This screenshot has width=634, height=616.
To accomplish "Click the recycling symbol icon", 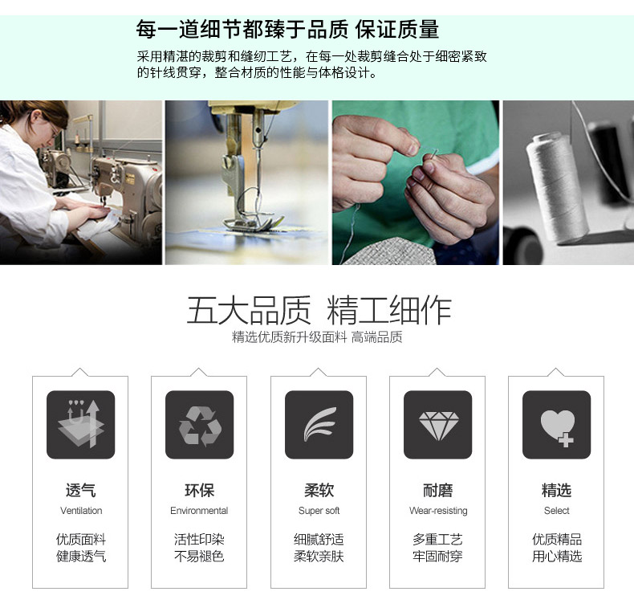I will coord(199,425).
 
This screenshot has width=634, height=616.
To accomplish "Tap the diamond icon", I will coord(437,425).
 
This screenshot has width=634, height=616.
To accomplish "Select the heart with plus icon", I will coord(556,426).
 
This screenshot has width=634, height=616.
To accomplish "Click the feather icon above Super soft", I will coord(319,425).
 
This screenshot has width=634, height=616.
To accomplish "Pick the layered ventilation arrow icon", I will coord(80,425).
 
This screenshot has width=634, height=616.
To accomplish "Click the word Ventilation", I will coord(81,511).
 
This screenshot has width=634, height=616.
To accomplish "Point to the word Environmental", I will coord(199,511).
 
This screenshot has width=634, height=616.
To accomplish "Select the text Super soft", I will coord(319,511).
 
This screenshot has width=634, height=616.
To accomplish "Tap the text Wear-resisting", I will coord(437,511).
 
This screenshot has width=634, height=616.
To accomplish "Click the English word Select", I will coord(556,511).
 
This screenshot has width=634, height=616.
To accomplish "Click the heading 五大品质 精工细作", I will coord(319,311).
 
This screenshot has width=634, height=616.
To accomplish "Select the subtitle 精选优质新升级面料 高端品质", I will coord(317,337).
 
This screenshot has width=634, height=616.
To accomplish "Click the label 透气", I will coord(81,490).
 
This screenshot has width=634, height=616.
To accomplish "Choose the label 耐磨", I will coord(437,490).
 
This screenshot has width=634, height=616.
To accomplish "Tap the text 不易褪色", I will coord(199,556).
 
